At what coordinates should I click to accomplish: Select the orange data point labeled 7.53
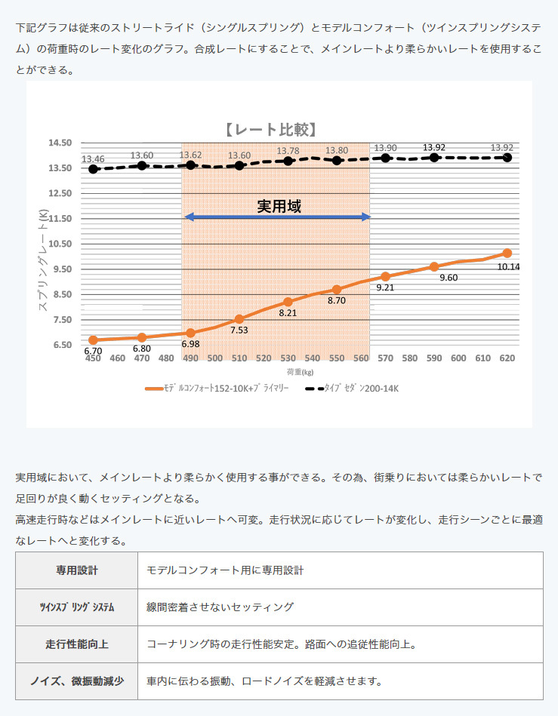(x=239, y=319)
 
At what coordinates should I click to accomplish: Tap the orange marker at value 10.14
(x=507, y=254)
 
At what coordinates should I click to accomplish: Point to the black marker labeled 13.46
(x=93, y=169)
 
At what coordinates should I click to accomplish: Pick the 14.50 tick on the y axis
(x=60, y=143)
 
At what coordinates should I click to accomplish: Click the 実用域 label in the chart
(x=279, y=206)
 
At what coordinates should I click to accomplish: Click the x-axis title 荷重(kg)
(x=300, y=373)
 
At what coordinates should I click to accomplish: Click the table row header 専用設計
(x=76, y=570)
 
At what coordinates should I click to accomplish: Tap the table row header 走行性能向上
(x=76, y=644)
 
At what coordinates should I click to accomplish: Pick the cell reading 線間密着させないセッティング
(x=220, y=607)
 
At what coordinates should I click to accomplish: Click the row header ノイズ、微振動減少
(x=76, y=681)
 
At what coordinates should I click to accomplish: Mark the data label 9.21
(x=385, y=287)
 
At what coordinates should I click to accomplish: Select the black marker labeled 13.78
(x=288, y=161)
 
